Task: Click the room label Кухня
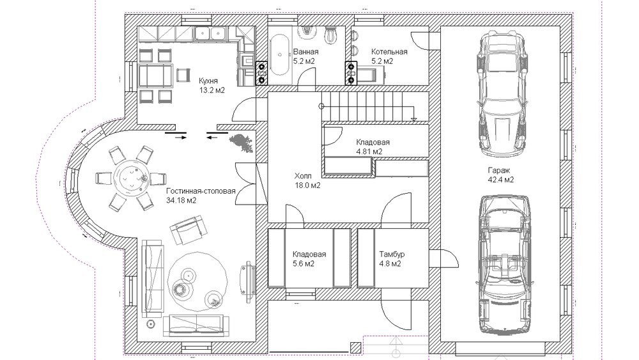coord(208,81)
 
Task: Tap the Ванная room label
coord(305,52)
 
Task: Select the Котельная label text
coord(389,52)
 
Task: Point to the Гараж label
coord(499,170)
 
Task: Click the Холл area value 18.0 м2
coord(307,185)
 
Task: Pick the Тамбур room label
coord(392,254)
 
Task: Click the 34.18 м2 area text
coord(181,200)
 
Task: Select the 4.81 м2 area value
coord(369,152)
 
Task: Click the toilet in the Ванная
coord(330,35)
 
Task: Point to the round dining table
coord(131,177)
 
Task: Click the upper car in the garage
coord(500,95)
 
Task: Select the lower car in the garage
coord(505,265)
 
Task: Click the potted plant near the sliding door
coord(242,143)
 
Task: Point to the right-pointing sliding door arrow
coord(181,138)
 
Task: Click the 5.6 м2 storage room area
coord(303,264)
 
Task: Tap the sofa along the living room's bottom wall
coord(195,325)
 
